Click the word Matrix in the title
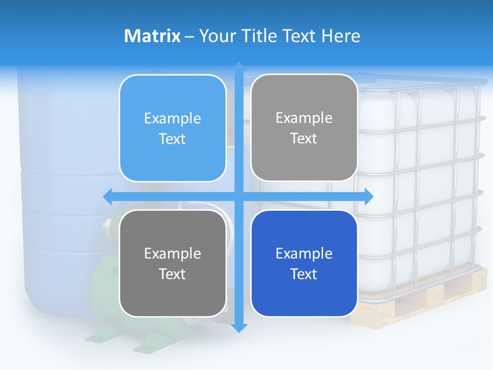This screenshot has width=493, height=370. coord(152,36)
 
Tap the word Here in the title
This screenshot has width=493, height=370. coord(341,36)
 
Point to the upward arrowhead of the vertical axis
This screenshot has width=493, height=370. coord(239,66)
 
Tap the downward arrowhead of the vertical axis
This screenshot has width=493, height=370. coord(239,327)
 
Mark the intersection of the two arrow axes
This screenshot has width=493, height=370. coord(239,196)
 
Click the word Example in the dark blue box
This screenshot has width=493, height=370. coord(304,253)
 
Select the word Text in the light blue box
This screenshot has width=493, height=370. coord(173,139)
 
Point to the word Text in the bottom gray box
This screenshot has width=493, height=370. coord(173,274)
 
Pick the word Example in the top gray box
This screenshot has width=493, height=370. coord(304,118)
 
